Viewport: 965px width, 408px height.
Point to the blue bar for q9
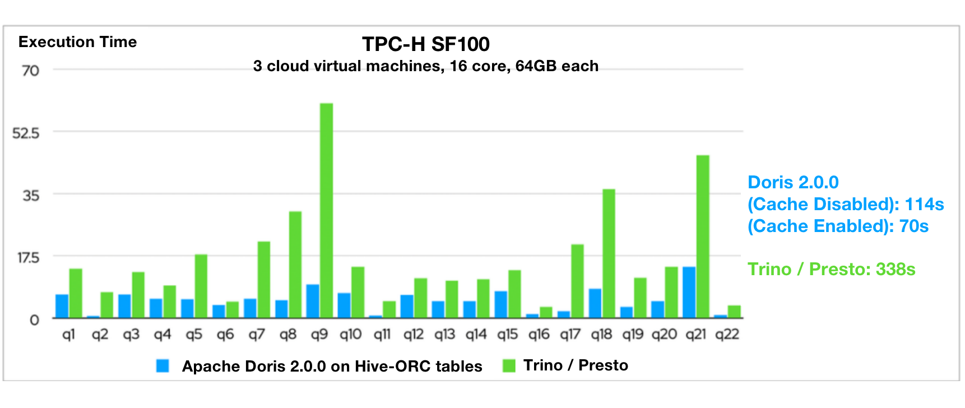click(x=313, y=301)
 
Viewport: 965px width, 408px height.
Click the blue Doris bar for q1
click(x=62, y=306)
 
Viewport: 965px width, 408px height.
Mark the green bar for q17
click(x=577, y=281)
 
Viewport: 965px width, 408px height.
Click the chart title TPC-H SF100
click(x=425, y=44)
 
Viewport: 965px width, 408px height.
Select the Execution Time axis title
click(x=77, y=42)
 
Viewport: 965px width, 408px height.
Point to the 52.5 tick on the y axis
click(x=26, y=133)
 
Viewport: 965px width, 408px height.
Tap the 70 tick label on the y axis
click(x=30, y=71)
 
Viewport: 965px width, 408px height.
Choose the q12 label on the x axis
click(x=414, y=335)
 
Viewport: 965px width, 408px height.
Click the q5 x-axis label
click(x=194, y=335)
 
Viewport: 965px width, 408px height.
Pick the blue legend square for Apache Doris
click(x=163, y=366)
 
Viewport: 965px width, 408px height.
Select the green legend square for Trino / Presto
click(x=509, y=366)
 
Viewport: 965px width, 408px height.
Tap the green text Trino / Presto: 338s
click(x=831, y=270)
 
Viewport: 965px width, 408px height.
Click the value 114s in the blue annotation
click(x=924, y=205)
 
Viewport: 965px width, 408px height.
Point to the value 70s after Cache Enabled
click(x=913, y=226)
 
